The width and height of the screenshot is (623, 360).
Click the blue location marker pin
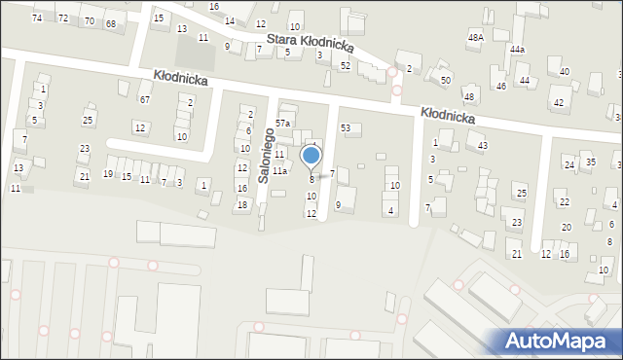pos(311,157)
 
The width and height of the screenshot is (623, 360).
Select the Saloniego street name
pos(262,155)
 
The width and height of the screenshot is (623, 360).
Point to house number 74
pos(37,18)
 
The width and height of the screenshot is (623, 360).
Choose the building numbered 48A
pos(475,37)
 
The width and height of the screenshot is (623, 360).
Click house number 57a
pos(282,124)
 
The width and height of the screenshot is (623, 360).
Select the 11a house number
pos(279,171)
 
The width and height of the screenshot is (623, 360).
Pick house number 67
pos(144,100)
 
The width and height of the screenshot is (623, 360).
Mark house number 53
pos(345,128)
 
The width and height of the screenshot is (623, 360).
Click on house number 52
pos(346,65)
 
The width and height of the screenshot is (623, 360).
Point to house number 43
pos(483,146)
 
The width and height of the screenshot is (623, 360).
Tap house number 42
pos(558,102)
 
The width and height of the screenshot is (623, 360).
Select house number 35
pos(590,162)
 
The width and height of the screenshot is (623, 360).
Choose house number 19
pos(108,174)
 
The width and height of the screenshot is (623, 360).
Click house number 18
pos(241,204)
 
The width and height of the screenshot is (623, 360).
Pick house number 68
pos(110,23)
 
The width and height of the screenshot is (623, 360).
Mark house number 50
pos(446,80)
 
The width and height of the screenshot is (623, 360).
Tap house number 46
pos(501,87)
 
